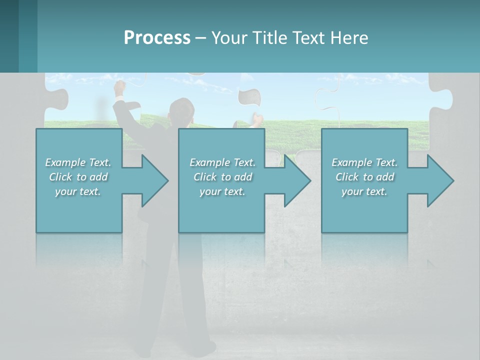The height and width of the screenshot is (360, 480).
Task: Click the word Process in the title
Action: click(157, 38)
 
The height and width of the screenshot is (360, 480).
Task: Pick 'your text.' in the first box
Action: click(78, 191)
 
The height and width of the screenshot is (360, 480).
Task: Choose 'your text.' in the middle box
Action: click(222, 191)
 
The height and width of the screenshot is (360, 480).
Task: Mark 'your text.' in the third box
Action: click(364, 191)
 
